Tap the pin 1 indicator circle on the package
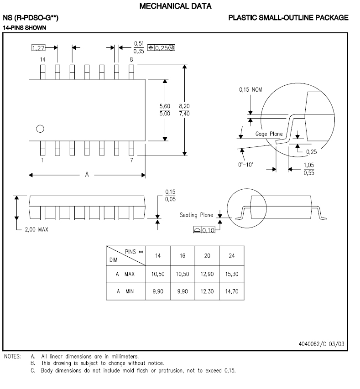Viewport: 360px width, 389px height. [40, 129]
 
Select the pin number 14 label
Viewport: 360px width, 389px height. [42, 60]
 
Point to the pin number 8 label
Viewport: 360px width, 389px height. [131, 60]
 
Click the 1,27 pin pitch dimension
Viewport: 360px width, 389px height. [38, 47]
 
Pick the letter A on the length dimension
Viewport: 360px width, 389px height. [87, 175]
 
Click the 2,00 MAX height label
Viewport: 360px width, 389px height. [36, 229]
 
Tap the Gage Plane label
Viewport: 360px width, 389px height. [269, 134]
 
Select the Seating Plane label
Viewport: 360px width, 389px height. [196, 215]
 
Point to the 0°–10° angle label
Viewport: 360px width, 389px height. [246, 165]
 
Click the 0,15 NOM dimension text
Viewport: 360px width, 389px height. [251, 89]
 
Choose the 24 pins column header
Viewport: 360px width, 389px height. [232, 256]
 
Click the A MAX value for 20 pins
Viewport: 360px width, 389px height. [207, 275]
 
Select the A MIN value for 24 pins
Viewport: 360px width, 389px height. [232, 291]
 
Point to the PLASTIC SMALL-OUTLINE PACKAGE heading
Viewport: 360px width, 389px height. [288, 18]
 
